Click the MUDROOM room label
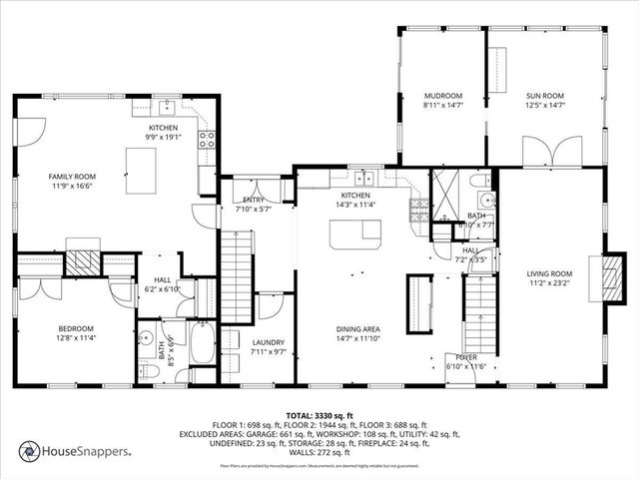442,96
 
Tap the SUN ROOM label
545,96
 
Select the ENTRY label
253,200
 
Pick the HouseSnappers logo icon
29,450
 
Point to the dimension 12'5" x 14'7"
545,105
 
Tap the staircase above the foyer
480,311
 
